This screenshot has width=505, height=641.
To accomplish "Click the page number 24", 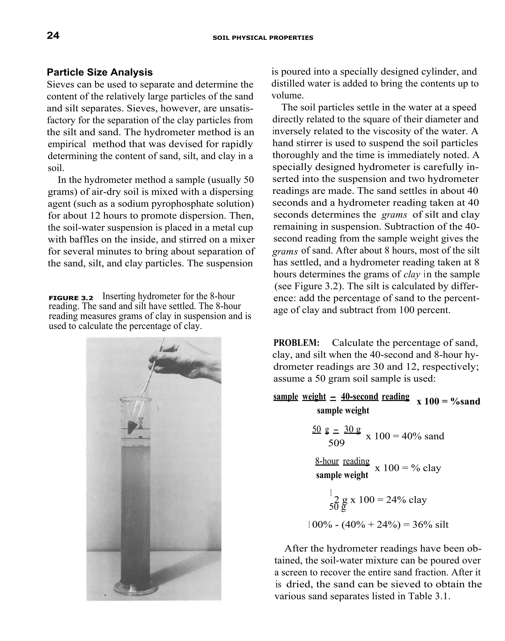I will [53, 35].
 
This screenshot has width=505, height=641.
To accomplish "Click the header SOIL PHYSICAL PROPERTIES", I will [263, 38].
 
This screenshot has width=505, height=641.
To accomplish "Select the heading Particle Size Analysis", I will [100, 72].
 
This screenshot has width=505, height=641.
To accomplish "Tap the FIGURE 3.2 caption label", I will [71, 298].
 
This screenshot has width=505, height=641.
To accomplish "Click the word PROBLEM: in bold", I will [296, 343].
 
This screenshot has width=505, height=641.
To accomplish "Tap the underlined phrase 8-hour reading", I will [342, 461].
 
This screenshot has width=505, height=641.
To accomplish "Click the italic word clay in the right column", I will [412, 275].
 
